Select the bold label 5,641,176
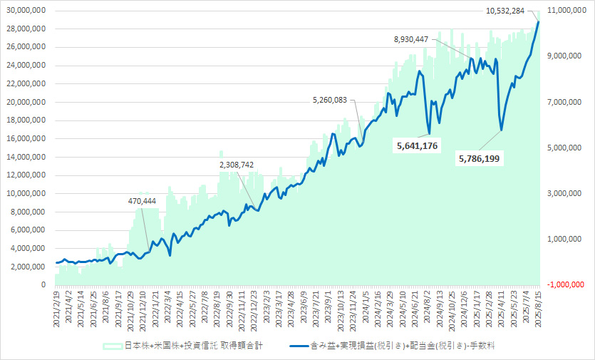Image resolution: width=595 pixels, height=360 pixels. click(416, 146)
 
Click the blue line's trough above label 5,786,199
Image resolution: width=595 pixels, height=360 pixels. click(502, 130)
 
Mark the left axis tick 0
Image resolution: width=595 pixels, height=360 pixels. click(43, 284)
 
